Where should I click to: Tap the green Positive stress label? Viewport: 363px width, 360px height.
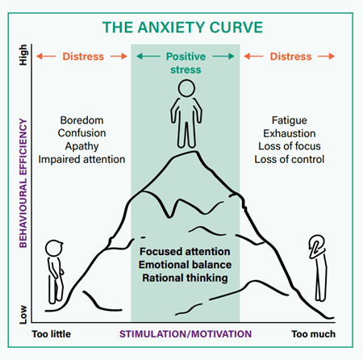coord(185,63)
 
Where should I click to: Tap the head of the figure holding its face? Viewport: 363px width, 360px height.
coord(316,247)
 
